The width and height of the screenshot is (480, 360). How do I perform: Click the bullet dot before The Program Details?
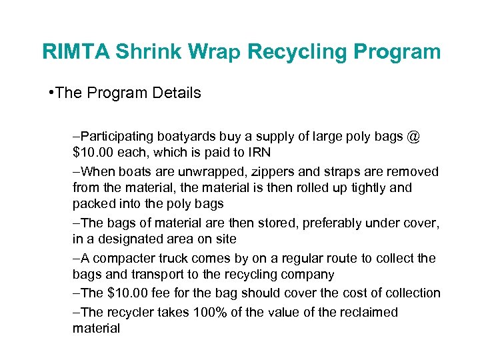click(51, 93)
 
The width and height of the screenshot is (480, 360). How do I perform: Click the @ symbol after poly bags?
click(413, 137)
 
